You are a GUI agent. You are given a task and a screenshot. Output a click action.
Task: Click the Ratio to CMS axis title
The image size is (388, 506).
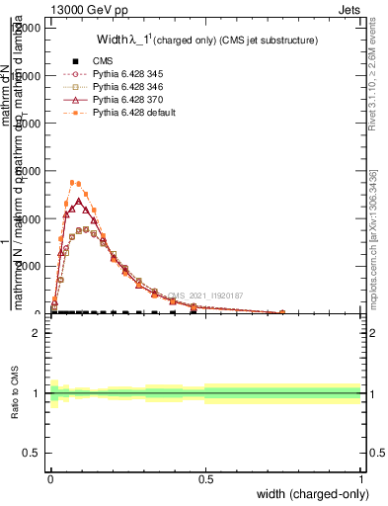coord(14,393)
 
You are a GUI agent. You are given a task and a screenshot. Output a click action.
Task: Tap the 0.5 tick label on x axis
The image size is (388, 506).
coord(205,479)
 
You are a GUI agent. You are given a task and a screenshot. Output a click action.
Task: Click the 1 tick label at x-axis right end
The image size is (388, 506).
coord(360,479)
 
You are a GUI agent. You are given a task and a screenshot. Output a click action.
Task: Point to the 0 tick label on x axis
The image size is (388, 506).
coord(50,479)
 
